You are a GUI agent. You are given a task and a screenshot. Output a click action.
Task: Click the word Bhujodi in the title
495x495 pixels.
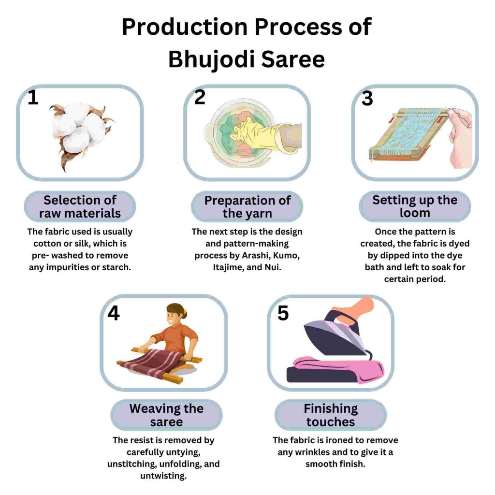pyautogui.click(x=212, y=59)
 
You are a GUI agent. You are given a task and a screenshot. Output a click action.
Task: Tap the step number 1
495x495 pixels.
pyautogui.click(x=33, y=98)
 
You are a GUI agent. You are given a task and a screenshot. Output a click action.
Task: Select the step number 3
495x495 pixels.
pyautogui.click(x=367, y=99)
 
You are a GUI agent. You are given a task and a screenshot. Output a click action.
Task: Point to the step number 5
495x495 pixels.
pyautogui.click(x=283, y=313)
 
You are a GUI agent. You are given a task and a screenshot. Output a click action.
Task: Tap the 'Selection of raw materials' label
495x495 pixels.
pyautogui.click(x=80, y=207)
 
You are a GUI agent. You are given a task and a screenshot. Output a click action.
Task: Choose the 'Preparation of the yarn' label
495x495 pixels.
pyautogui.click(x=247, y=207)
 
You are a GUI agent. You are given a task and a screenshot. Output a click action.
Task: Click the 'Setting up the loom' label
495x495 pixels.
pyautogui.click(x=415, y=206)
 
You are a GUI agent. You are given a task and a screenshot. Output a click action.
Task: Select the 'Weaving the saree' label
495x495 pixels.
pyautogui.click(x=166, y=415)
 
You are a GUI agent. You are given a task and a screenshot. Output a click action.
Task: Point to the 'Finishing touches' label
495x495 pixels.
pyautogui.click(x=331, y=415)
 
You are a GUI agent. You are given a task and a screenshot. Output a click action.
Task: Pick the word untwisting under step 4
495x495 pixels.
pyautogui.click(x=163, y=476)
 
